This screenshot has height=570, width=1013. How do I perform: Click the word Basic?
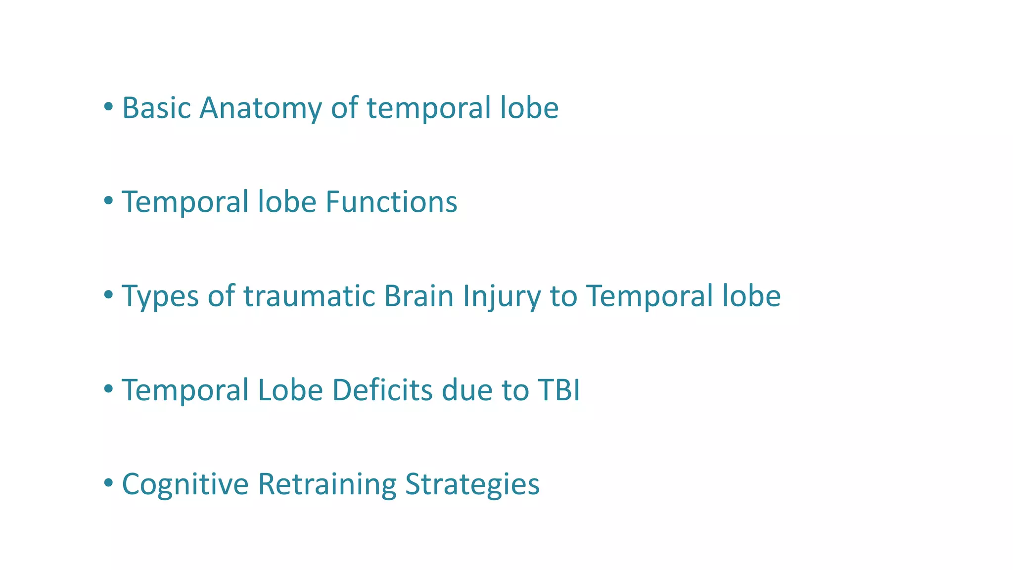156,108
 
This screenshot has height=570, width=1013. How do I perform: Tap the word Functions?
391,202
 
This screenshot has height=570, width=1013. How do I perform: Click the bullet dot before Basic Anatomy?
108,106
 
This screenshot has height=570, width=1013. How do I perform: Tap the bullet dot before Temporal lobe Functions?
108,200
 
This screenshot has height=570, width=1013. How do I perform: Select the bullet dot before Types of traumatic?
108,295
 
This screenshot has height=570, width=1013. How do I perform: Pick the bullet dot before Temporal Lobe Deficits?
108,389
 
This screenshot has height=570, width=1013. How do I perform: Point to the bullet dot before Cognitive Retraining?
108,483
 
